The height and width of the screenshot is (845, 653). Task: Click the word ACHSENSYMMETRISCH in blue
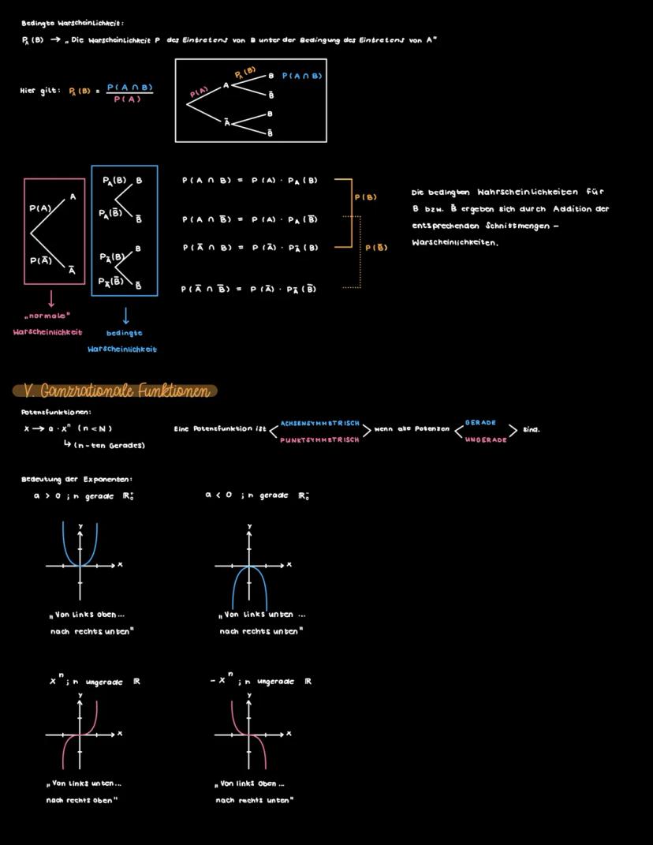pyautogui.click(x=320, y=424)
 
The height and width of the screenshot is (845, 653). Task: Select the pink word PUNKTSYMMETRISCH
pyautogui.click(x=319, y=439)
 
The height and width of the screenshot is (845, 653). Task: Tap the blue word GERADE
pyautogui.click(x=480, y=423)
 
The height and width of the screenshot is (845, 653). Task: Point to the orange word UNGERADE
pyautogui.click(x=486, y=439)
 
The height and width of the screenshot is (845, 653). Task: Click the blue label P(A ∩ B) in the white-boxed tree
pyautogui.click(x=302, y=76)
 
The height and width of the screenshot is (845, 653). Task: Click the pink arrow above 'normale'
pyautogui.click(x=51, y=300)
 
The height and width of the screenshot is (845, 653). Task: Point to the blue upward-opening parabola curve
pyautogui.click(x=65, y=544)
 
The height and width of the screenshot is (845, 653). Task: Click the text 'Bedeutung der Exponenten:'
pyautogui.click(x=76, y=479)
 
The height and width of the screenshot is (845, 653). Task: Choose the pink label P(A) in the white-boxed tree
pyautogui.click(x=200, y=93)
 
